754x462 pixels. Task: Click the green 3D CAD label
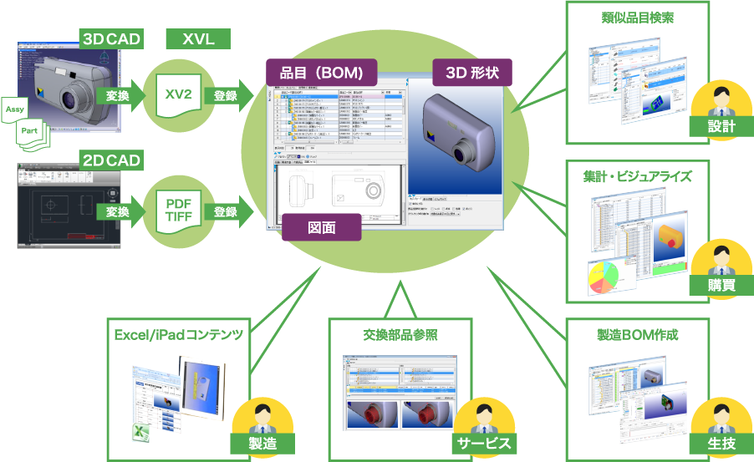click(x=110, y=38)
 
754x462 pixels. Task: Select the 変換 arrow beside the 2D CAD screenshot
click(x=116, y=212)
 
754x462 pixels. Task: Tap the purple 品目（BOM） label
click(x=321, y=73)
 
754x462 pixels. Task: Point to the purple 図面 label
click(x=321, y=226)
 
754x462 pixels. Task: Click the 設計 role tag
click(x=721, y=126)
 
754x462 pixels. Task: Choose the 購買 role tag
click(x=721, y=284)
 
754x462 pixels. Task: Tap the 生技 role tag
click(x=721, y=443)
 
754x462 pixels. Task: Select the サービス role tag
click(x=482, y=443)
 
